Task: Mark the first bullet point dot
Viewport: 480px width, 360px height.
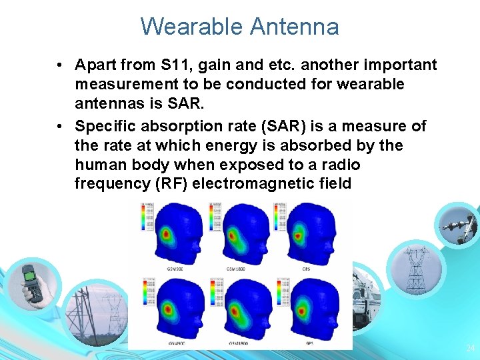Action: pos(60,65)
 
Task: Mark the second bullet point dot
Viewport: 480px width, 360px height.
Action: pos(60,126)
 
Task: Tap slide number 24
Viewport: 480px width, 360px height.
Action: pos(470,347)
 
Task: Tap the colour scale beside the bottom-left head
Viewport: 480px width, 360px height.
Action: pos(146,294)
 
